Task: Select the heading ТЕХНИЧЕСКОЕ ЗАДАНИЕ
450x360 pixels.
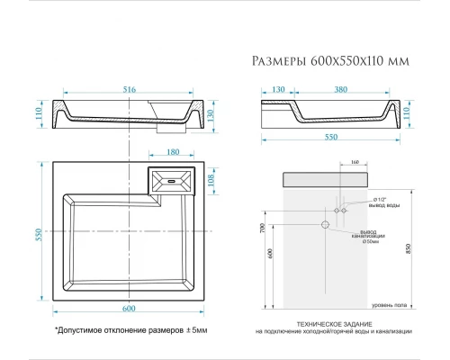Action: [337, 322]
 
